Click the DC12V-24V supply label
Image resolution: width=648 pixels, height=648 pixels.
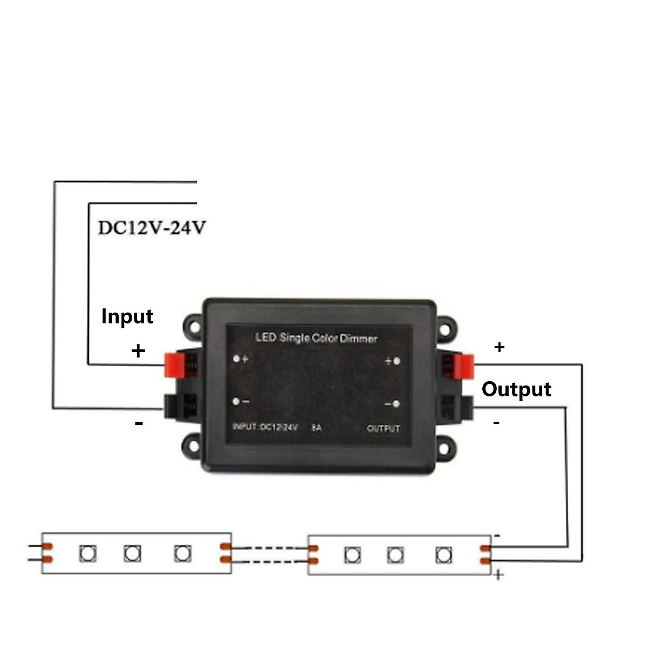[x=152, y=228]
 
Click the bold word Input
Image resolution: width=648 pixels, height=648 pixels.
[x=127, y=316]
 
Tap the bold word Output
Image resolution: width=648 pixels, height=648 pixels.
[x=516, y=389]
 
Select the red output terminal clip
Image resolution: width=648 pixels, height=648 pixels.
[x=463, y=365]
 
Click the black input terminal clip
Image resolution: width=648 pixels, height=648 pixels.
[x=174, y=407]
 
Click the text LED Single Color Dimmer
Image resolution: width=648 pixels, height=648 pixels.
[x=316, y=339]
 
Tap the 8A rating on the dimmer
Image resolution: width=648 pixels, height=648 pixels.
[x=316, y=428]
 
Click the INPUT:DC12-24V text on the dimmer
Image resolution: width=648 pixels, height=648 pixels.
[x=265, y=427]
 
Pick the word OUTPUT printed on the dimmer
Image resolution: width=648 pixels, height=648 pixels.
[x=383, y=429]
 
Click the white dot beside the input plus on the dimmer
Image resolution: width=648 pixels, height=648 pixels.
[x=236, y=359]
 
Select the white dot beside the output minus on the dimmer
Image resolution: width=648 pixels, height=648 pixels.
[x=396, y=404]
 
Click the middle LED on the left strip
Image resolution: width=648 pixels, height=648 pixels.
[x=132, y=553]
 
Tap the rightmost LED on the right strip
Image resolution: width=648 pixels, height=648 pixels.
[x=443, y=555]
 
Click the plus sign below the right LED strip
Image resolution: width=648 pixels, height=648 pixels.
[x=498, y=575]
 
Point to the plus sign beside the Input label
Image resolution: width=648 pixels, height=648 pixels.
[x=138, y=352]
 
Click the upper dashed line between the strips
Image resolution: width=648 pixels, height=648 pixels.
[x=270, y=548]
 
